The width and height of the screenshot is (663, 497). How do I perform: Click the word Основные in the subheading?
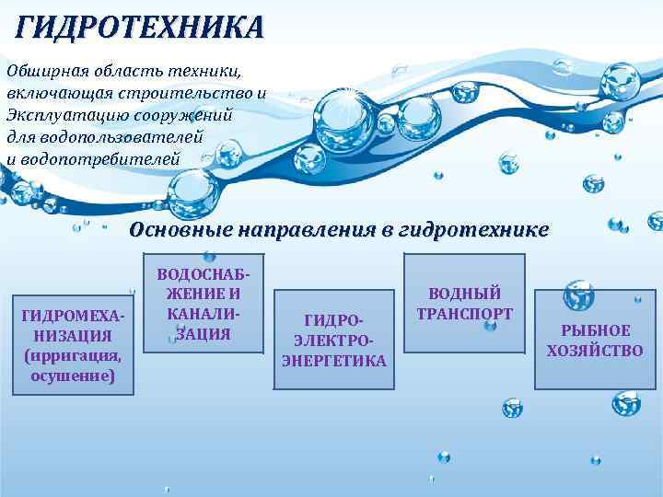(x=180, y=229)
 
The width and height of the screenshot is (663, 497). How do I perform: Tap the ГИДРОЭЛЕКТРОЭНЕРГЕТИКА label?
(x=333, y=340)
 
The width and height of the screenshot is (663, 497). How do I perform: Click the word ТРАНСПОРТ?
(x=464, y=314)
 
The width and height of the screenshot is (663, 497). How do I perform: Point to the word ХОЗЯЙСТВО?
(x=595, y=351)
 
